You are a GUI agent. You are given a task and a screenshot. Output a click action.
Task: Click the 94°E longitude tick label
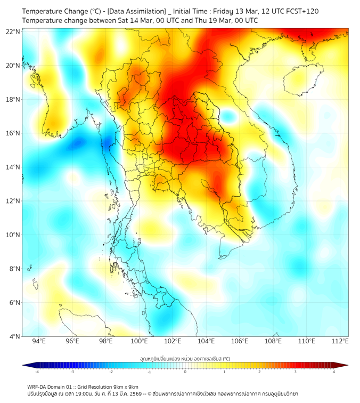(39, 342)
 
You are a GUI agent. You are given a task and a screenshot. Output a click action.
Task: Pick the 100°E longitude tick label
(140, 342)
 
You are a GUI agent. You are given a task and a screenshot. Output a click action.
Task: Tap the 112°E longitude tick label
(340, 342)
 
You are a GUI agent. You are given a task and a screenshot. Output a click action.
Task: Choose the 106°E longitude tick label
(240, 342)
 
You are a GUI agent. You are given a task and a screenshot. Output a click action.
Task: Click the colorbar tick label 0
(185, 372)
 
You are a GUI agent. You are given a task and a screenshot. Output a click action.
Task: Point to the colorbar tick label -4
(36, 372)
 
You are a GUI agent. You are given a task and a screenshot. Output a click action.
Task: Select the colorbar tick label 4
(334, 372)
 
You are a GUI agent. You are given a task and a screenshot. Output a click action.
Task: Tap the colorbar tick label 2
(259, 372)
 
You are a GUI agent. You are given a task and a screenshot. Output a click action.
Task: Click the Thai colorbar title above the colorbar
(185, 359)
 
